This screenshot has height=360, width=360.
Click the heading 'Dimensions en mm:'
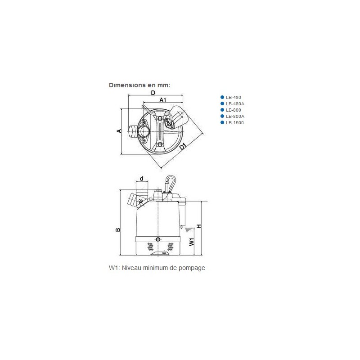(x=139, y=85)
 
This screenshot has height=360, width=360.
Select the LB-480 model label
(x=233, y=97)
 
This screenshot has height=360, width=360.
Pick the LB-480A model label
(x=235, y=104)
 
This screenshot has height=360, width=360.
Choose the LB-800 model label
(x=233, y=110)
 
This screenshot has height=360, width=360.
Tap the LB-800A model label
(x=235, y=117)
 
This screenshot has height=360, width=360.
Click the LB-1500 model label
(x=234, y=122)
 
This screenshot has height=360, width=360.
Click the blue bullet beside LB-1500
(x=222, y=122)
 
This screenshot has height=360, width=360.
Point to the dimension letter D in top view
(x=153, y=93)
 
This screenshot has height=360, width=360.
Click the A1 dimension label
(x=163, y=99)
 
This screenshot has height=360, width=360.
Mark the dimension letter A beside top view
(x=119, y=131)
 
